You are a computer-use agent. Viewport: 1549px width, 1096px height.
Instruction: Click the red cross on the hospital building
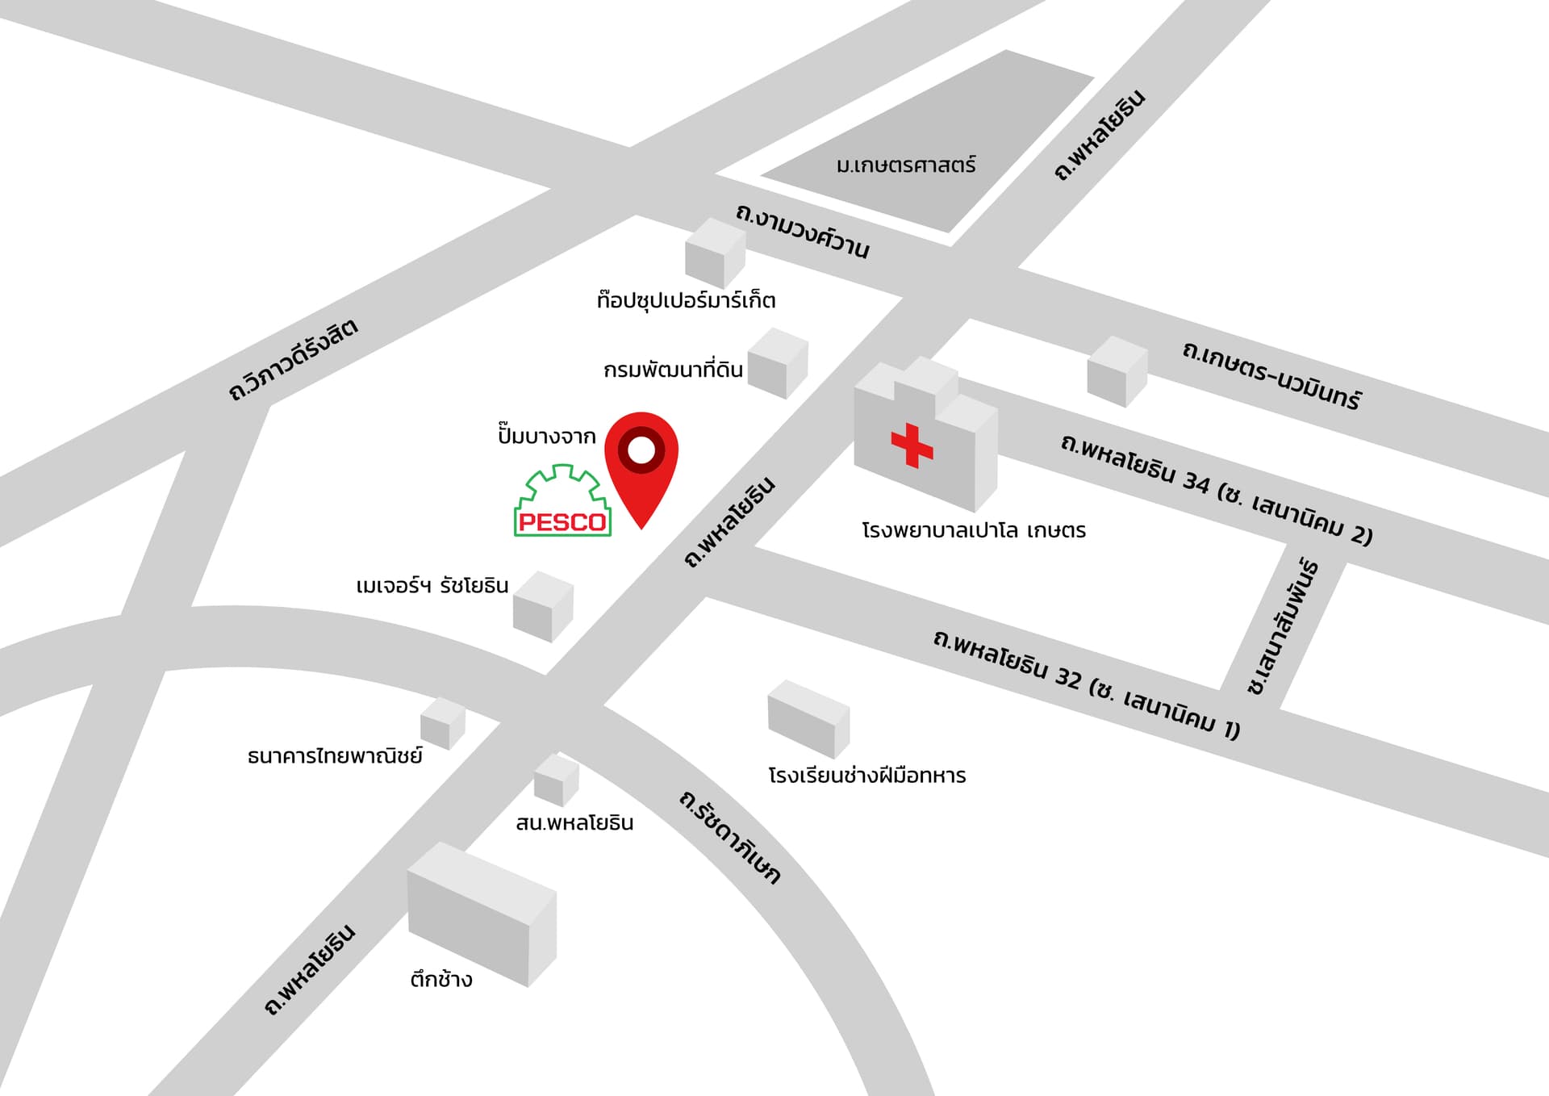pyautogui.click(x=912, y=445)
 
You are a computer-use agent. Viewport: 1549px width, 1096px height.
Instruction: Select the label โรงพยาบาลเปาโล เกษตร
pyautogui.click(x=974, y=531)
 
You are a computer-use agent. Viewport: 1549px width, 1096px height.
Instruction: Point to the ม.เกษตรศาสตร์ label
pyautogui.click(x=906, y=165)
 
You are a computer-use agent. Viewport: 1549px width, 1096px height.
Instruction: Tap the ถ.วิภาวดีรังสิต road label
pyautogui.click(x=293, y=360)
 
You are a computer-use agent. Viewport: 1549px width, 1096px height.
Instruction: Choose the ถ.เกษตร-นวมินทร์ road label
pyautogui.click(x=1271, y=375)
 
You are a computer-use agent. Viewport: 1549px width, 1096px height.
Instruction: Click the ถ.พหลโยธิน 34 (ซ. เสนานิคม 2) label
pyautogui.click(x=1216, y=489)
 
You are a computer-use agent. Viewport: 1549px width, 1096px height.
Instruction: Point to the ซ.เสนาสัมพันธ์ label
pyautogui.click(x=1283, y=626)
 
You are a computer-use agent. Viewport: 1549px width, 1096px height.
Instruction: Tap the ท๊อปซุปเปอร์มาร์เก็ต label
pyautogui.click(x=686, y=301)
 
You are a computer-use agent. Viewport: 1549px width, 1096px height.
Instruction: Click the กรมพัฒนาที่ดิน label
pyautogui.click(x=673, y=370)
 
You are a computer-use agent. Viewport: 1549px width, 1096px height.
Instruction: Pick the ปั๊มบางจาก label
pyautogui.click(x=546, y=437)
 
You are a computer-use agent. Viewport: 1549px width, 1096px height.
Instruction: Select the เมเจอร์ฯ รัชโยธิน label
pyautogui.click(x=432, y=585)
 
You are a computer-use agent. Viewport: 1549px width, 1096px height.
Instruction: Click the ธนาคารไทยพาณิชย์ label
pyautogui.click(x=335, y=756)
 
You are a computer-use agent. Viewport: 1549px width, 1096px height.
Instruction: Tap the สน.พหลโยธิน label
pyautogui.click(x=574, y=823)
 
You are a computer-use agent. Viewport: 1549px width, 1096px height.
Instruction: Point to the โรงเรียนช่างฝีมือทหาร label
pyautogui.click(x=866, y=776)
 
